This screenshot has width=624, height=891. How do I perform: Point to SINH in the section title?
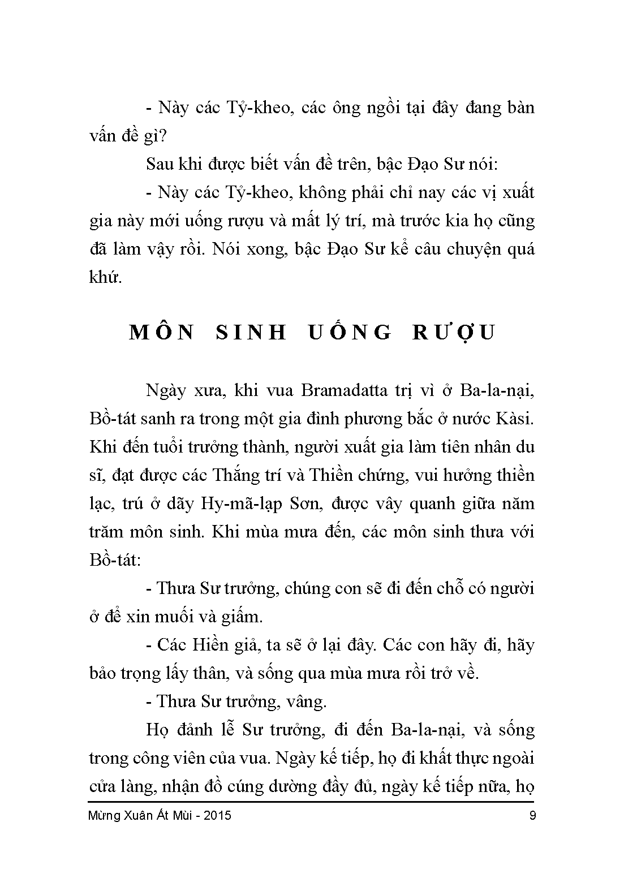[x=253, y=332]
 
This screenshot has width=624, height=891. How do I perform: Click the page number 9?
[x=531, y=816]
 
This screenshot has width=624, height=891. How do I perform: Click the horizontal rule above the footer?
[x=312, y=801]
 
